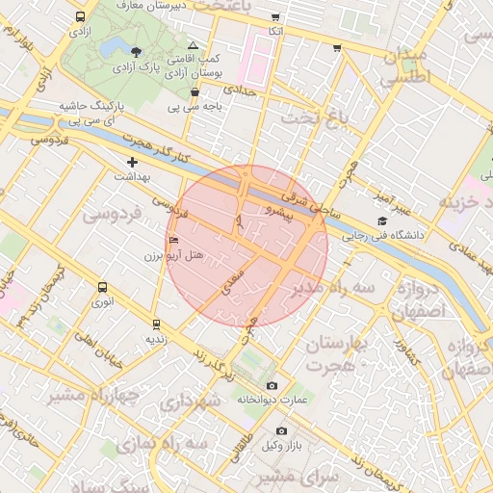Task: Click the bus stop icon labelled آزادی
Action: pyautogui.click(x=78, y=17)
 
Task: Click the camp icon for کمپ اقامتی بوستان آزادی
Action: pyautogui.click(x=194, y=45)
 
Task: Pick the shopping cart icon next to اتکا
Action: pyautogui.click(x=275, y=17)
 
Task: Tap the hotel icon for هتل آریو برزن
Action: pyautogui.click(x=173, y=240)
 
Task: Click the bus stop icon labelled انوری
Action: pyautogui.click(x=103, y=287)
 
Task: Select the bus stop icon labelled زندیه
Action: pyautogui.click(x=156, y=324)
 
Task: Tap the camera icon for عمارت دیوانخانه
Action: pyautogui.click(x=271, y=385)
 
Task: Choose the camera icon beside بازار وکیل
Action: pyautogui.click(x=281, y=430)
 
